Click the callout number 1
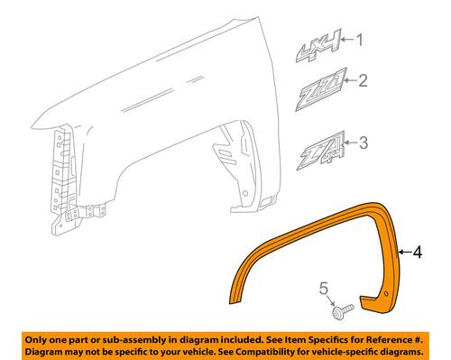pyautogui.click(x=359, y=40)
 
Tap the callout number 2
pyautogui.click(x=363, y=80)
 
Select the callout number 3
pyautogui.click(x=364, y=143)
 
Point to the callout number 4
pyautogui.click(x=418, y=252)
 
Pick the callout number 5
pyautogui.click(x=324, y=289)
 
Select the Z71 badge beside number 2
pyautogui.click(x=321, y=89)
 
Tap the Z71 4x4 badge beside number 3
pyautogui.click(x=320, y=151)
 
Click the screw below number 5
pyautogui.click(x=343, y=311)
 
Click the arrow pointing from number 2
pyautogui.click(x=350, y=80)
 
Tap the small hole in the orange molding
pyautogui.click(x=386, y=293)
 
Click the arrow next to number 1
pyautogui.click(x=347, y=40)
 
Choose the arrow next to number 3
pyautogui.click(x=351, y=143)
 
